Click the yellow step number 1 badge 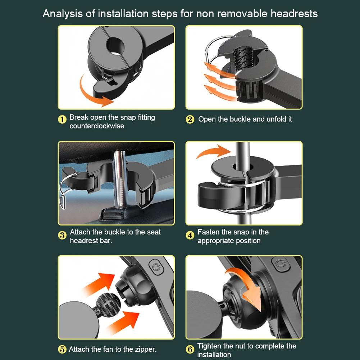62,119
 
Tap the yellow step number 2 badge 190,119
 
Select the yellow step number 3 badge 62,235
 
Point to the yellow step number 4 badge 190,235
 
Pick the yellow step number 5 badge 62,349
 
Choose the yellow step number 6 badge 190,349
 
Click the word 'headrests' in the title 294,14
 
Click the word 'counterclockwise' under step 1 97,126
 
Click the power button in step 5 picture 156,267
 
